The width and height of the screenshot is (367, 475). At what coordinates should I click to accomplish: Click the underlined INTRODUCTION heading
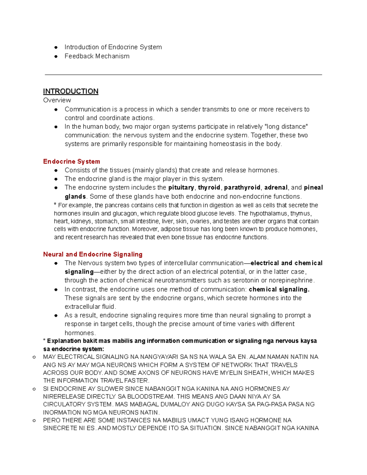click(71, 91)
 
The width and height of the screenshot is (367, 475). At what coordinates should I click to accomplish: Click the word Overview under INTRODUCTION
click(57, 100)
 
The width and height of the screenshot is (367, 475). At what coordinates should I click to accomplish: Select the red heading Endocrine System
click(72, 161)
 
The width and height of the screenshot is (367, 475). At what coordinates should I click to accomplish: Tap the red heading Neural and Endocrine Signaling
click(93, 254)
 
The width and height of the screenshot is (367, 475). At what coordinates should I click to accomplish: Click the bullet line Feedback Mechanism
click(97, 56)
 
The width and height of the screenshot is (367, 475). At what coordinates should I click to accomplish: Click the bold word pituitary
click(181, 187)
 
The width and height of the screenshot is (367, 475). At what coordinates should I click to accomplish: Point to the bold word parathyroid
click(242, 187)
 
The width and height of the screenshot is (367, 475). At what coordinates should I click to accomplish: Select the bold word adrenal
click(276, 187)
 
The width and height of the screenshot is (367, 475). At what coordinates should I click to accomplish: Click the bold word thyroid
click(209, 187)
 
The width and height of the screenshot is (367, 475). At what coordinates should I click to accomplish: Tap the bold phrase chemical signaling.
click(279, 289)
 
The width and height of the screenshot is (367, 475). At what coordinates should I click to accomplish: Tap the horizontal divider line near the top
click(183, 75)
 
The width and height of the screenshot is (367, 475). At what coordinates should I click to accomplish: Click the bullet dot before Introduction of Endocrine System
click(56, 47)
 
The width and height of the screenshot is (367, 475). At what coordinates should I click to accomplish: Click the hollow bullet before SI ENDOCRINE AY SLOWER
click(34, 389)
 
